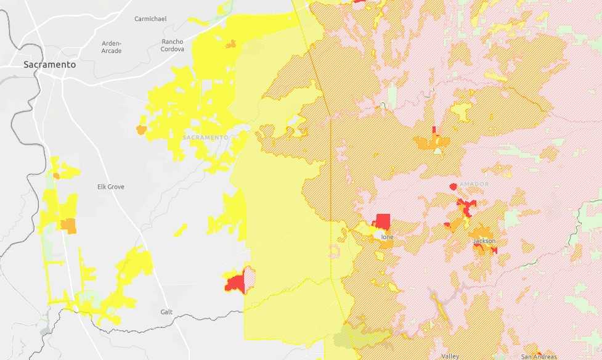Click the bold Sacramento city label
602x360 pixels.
pos(49,65)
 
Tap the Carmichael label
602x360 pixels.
pos(150,19)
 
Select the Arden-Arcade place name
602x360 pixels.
pos(112,47)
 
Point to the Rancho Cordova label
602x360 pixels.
pos(173,46)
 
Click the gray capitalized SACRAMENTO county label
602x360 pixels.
pos(205,137)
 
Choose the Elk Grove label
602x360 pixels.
pos(111,187)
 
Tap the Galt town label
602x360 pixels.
pos(166,312)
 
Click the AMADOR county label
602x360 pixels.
pos(474,184)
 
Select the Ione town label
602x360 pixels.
pos(387,237)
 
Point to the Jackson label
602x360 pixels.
pos(484,241)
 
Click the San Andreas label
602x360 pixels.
pos(539,356)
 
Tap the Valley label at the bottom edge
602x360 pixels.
pos(450,356)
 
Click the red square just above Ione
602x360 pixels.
pos(383,221)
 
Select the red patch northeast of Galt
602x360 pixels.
pos(235,283)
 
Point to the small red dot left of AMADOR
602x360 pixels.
pos(454,186)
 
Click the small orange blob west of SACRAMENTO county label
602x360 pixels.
pos(142,130)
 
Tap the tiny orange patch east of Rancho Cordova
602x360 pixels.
pos(231,44)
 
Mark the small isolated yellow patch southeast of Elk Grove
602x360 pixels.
pos(180,231)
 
